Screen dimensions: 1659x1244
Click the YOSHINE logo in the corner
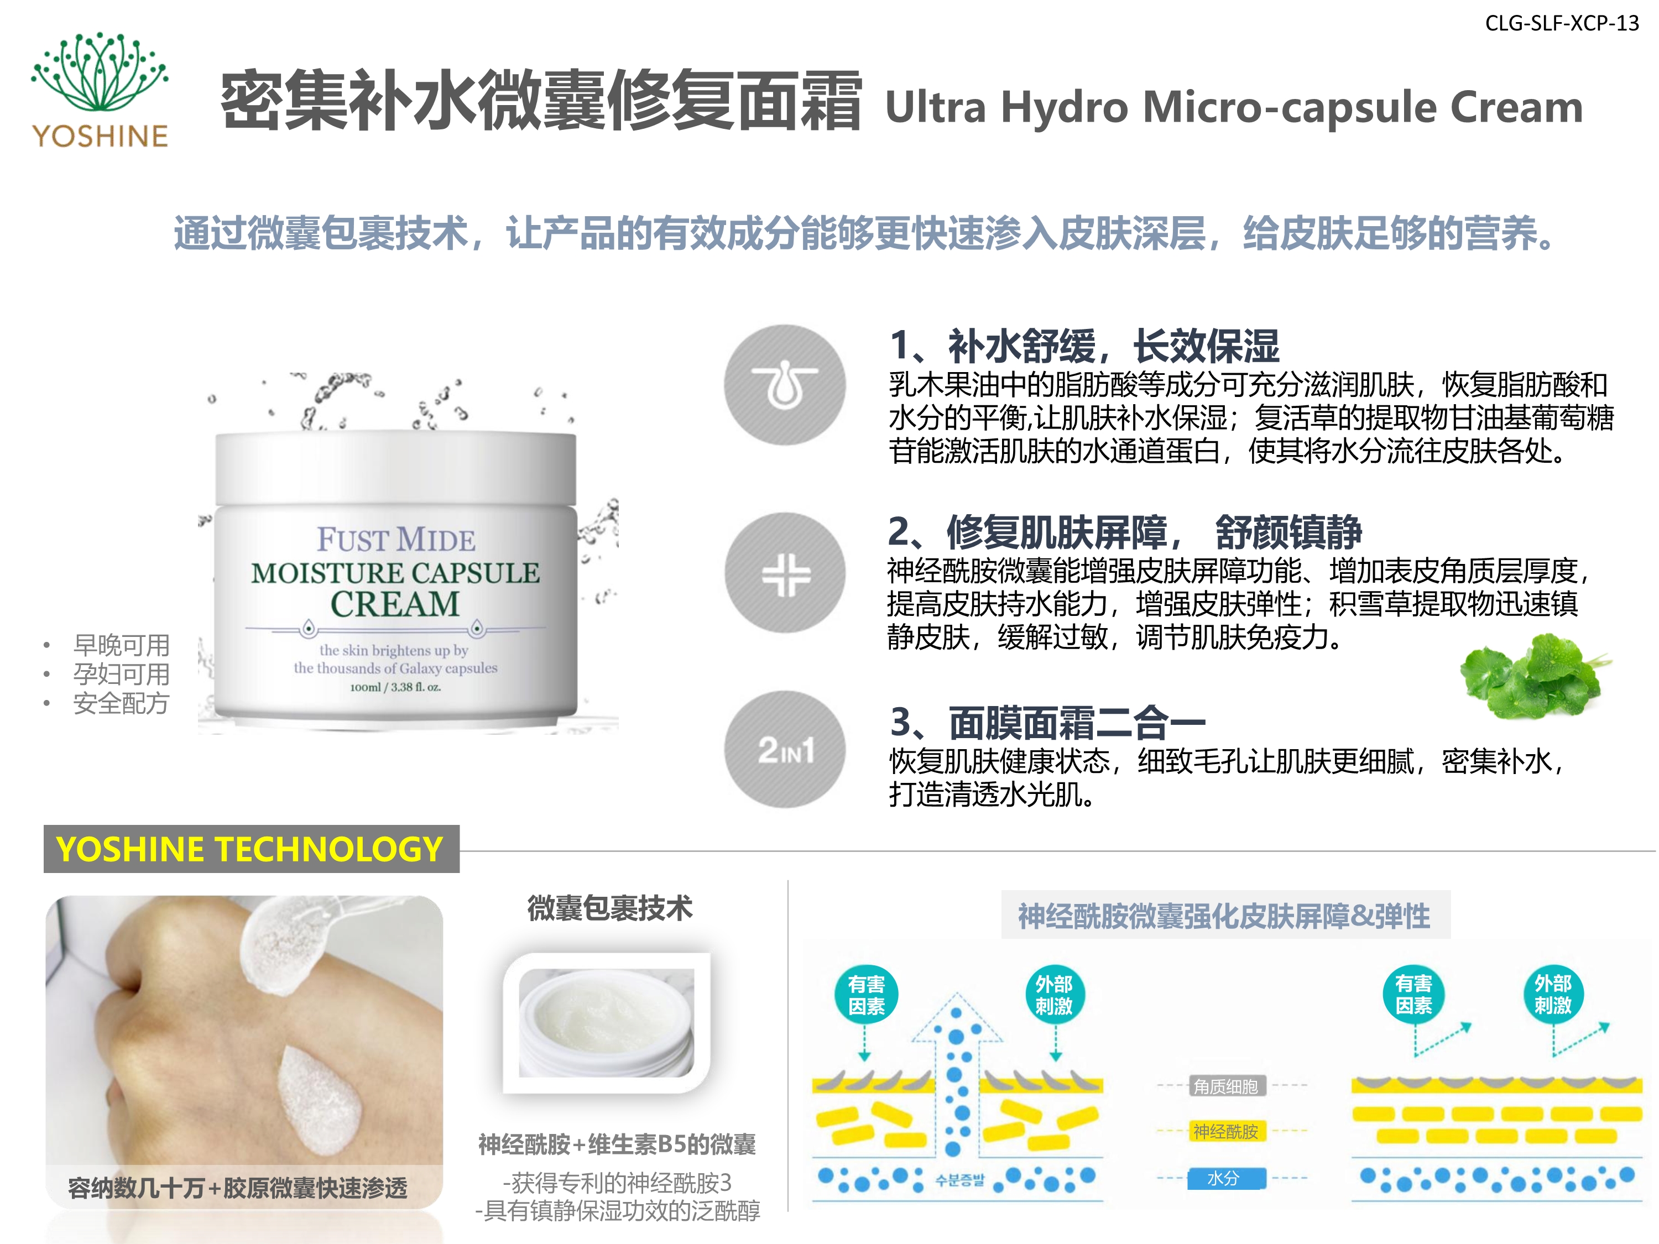(100, 90)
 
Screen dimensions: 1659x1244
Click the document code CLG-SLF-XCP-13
(1562, 23)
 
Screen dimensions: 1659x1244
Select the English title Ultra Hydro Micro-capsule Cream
(1234, 107)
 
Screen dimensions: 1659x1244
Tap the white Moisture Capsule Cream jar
(396, 574)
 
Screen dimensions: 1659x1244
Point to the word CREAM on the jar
(395, 604)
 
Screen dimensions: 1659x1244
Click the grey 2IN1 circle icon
(785, 749)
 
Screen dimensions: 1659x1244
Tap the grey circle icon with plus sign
(785, 573)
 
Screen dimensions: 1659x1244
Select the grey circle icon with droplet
(785, 385)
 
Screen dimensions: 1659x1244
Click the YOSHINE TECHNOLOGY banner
(251, 849)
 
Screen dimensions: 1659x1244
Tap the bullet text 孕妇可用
(121, 674)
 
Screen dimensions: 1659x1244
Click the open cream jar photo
(607, 1023)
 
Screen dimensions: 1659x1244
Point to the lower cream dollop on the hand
(321, 1101)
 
